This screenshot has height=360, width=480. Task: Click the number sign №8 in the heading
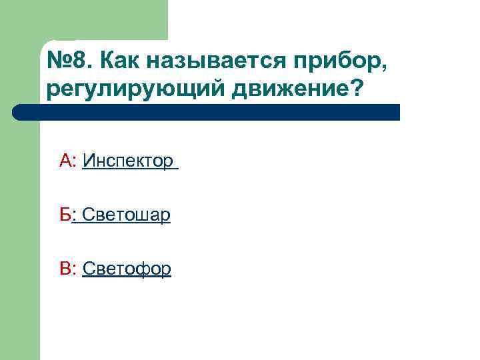[x=67, y=62]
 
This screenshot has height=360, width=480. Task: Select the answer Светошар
[x=126, y=215]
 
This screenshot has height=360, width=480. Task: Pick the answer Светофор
[x=127, y=269]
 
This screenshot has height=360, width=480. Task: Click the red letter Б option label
[x=65, y=215]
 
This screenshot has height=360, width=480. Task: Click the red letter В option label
[x=66, y=269]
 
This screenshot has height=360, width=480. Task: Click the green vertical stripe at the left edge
[x=20, y=233]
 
